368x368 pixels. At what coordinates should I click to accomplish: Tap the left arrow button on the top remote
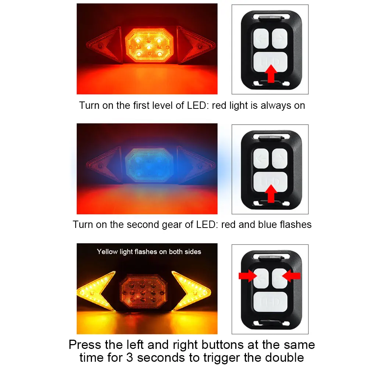pos(261,39)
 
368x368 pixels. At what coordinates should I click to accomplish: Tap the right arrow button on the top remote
pos(279,39)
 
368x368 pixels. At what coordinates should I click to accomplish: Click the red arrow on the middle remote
pos(271,193)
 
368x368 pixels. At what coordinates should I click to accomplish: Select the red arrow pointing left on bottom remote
pos(291,276)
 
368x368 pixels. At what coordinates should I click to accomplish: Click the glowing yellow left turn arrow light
pos(96,291)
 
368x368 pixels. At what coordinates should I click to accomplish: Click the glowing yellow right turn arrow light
pos(191,291)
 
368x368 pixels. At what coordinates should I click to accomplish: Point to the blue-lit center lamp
pos(149,165)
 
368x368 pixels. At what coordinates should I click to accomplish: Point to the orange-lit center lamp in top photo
pos(149,45)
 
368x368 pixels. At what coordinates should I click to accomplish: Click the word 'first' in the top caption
pos(141,106)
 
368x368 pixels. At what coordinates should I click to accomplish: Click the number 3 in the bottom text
pos(129,358)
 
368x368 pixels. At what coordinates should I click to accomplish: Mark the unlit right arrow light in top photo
pos(196,45)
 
